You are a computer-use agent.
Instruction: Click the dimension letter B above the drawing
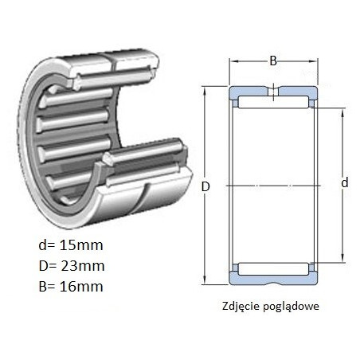click(273, 61)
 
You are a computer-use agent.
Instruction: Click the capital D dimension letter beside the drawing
click(205, 186)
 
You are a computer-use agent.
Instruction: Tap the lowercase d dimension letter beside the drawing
click(345, 182)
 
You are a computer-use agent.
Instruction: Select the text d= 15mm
click(71, 245)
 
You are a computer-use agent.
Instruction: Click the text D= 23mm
click(72, 266)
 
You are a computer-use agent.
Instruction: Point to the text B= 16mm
click(71, 287)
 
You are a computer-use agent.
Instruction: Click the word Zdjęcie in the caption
click(241, 306)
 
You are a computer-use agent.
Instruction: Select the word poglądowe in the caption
click(292, 307)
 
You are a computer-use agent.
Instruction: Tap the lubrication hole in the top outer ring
click(273, 92)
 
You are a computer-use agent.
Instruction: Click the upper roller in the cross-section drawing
click(273, 103)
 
